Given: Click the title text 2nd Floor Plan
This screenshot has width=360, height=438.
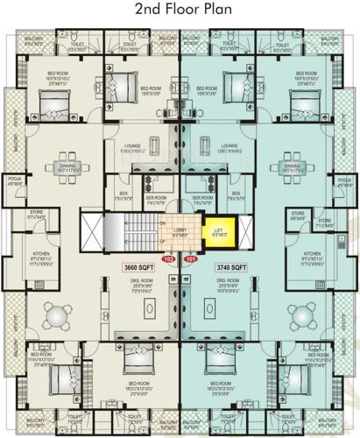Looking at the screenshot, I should pos(179,11).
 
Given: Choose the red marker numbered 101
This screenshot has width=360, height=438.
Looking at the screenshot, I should pos(191,260).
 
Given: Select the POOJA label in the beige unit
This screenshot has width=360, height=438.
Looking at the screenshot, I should pos(14,180).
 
